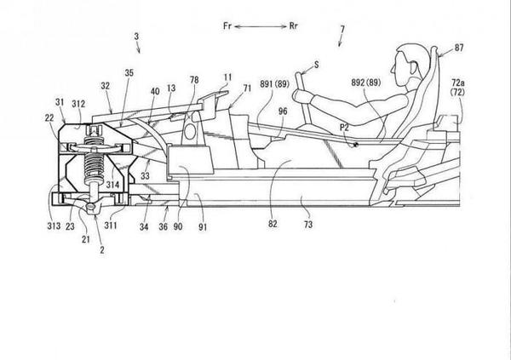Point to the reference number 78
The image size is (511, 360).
pyautogui.click(x=194, y=82)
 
